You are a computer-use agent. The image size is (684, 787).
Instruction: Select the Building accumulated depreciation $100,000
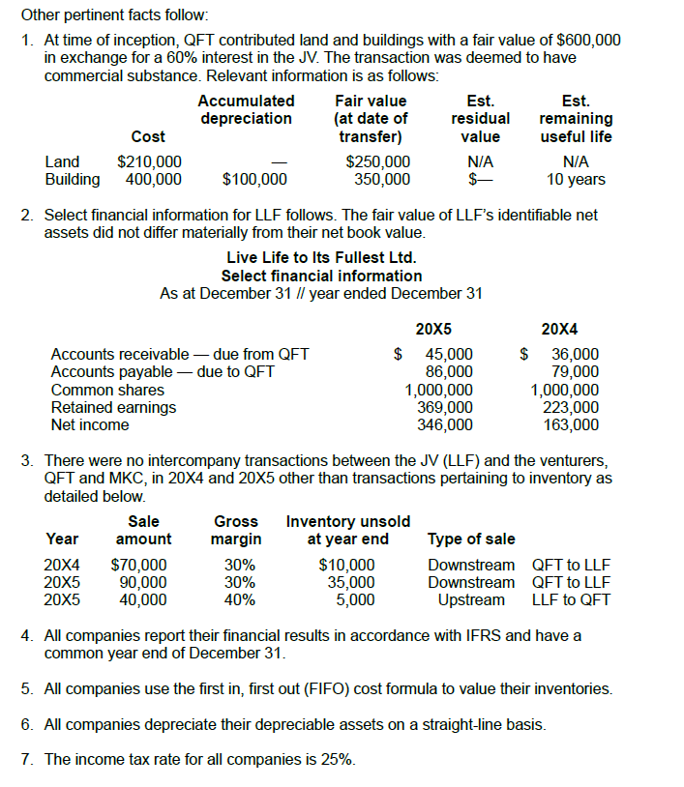click(x=254, y=179)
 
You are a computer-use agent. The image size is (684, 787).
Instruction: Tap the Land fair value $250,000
click(x=378, y=161)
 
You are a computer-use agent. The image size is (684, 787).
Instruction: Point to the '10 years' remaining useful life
click(x=576, y=179)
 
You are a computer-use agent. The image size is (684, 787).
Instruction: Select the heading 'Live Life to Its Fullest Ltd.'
click(x=321, y=257)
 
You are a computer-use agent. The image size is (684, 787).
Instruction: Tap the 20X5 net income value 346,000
click(x=445, y=423)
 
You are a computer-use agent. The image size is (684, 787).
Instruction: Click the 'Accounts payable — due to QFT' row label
click(x=162, y=371)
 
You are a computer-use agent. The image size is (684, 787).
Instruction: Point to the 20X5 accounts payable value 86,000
click(x=449, y=371)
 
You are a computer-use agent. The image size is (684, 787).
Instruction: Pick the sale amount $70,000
click(x=139, y=565)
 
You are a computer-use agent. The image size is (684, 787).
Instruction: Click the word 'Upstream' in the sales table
click(x=471, y=599)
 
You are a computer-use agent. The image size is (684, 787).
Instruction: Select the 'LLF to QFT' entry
click(x=571, y=599)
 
